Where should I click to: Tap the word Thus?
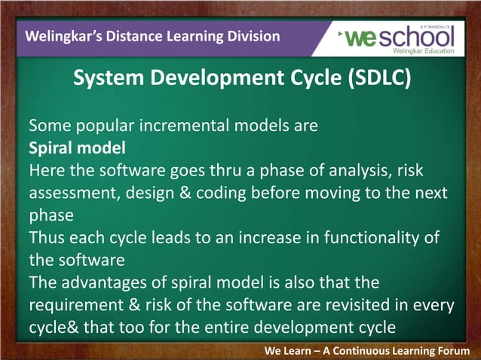pos(47,239)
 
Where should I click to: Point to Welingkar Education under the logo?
pos(425,51)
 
